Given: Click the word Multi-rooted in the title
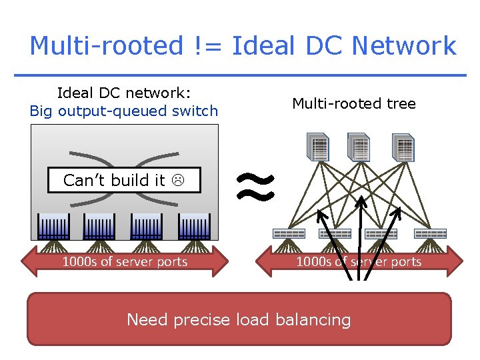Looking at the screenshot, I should tap(106, 46).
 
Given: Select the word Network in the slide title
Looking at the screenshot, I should tap(404, 46).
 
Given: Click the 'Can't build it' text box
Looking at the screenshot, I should tap(124, 180).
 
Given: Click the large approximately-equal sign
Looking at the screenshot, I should tap(256, 185).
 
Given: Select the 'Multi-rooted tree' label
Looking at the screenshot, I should tap(354, 103).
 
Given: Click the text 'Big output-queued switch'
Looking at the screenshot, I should tap(124, 111).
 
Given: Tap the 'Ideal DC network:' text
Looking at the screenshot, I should tap(124, 93).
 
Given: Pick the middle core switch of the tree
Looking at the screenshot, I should tap(359, 147).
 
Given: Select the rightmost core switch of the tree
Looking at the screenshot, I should tap(403, 147).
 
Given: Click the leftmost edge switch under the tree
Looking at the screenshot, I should tap(289, 233).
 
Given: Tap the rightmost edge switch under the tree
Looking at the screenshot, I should tap(430, 233).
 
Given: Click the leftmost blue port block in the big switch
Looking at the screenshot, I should tap(54, 227).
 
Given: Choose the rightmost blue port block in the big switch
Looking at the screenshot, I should tap(194, 227).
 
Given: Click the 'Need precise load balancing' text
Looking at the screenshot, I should tap(239, 320).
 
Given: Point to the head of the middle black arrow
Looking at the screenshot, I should tap(361, 200).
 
